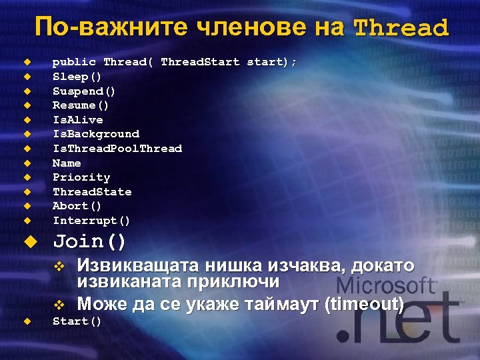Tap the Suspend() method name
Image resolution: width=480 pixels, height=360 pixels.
coord(84,91)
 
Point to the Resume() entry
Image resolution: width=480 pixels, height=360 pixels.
coord(81,105)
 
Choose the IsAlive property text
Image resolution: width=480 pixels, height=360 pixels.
coord(77,120)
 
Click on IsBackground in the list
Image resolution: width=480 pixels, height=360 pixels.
coord(95,134)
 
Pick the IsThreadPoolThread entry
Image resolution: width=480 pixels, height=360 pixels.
coord(117,149)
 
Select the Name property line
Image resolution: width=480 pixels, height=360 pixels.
coord(67,163)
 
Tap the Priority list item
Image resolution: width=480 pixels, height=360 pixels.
coord(81,177)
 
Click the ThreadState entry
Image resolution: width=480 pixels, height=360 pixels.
coord(92,192)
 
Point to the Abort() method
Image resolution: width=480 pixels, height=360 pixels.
coord(77,206)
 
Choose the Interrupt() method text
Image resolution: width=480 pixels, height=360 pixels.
coord(91,221)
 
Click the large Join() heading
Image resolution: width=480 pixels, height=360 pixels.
coord(89,241)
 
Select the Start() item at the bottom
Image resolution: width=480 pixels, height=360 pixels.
coord(77,322)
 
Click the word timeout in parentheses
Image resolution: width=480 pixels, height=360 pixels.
coord(363,305)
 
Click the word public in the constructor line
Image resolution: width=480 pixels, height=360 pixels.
coord(74,62)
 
